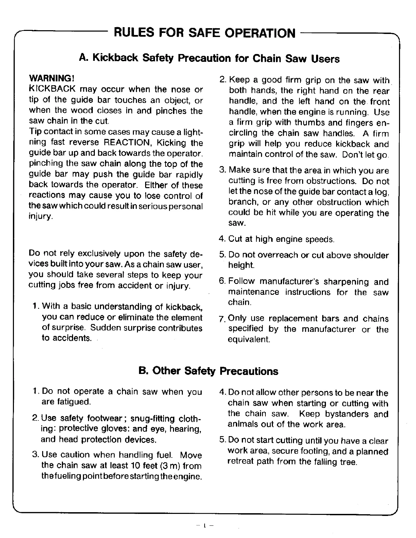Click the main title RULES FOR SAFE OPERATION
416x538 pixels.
pos(204,33)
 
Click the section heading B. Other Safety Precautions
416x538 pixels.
pos(208,371)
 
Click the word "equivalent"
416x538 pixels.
pos(249,339)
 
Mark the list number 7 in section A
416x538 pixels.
pos(222,319)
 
